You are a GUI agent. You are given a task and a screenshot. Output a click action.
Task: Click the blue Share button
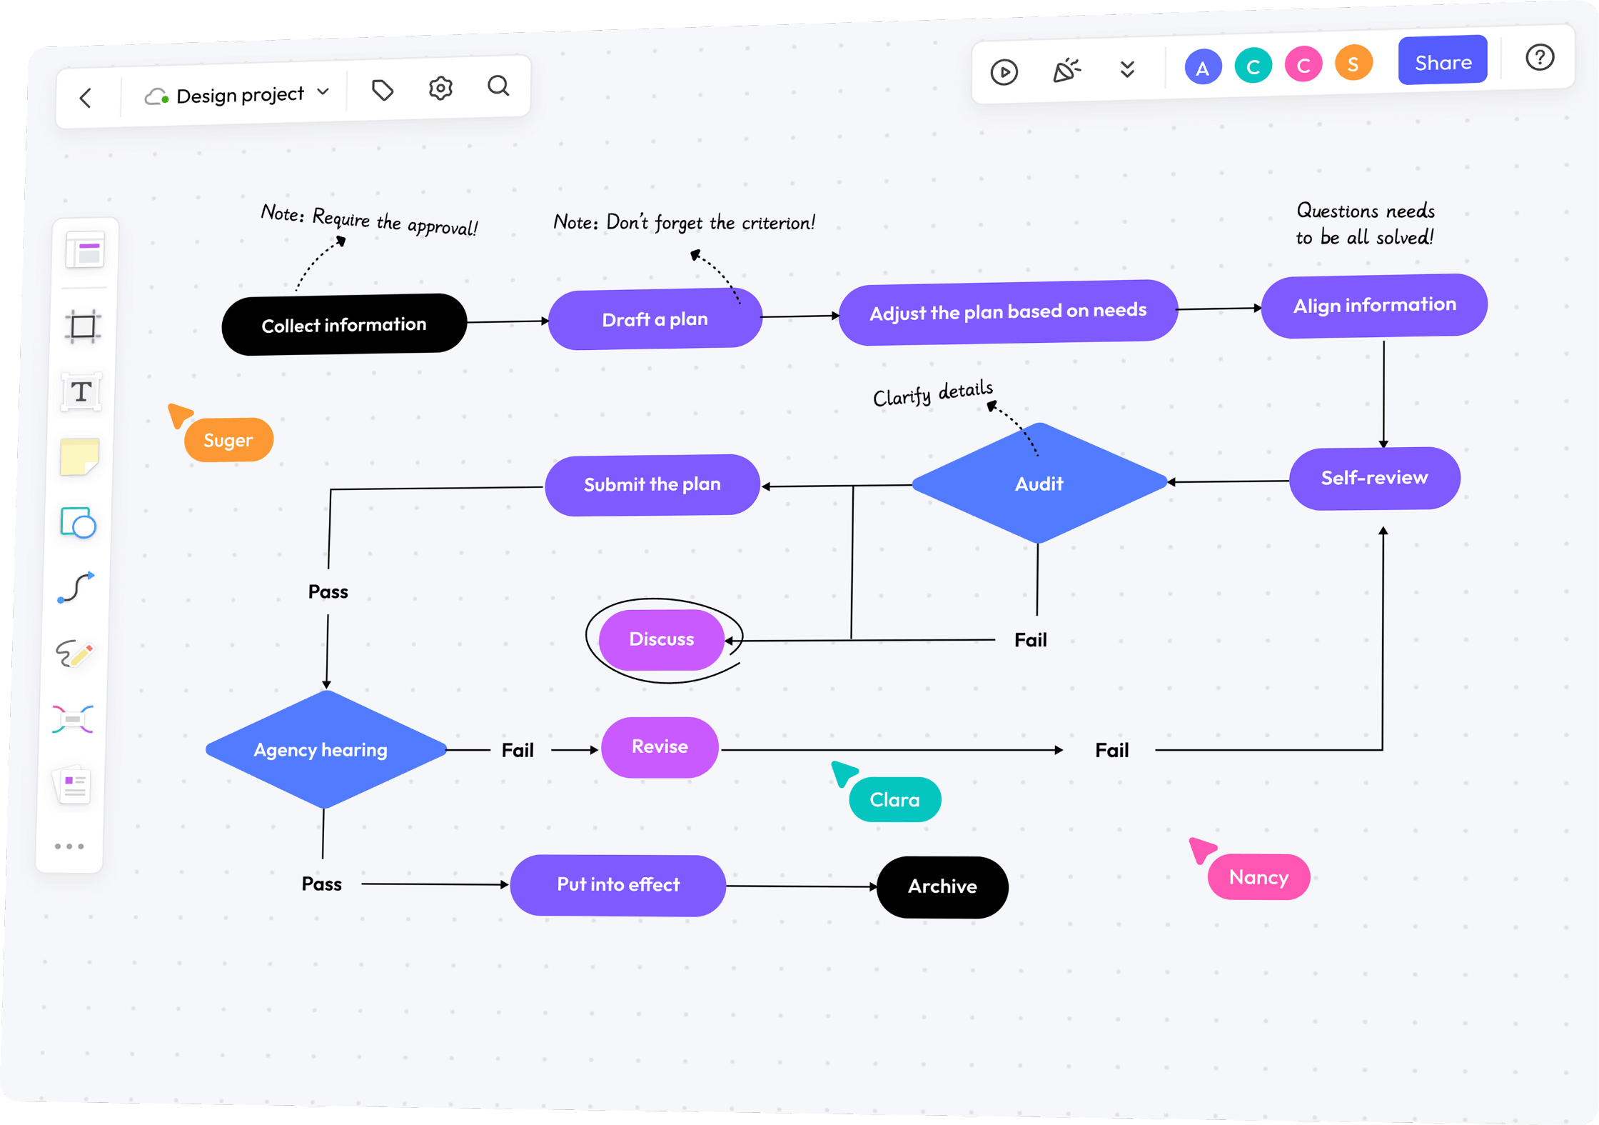click(x=1442, y=61)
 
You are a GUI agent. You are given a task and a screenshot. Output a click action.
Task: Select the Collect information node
click(x=344, y=324)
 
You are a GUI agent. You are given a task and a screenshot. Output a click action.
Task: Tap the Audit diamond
click(x=1039, y=484)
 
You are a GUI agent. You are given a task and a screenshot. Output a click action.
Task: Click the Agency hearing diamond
click(x=322, y=749)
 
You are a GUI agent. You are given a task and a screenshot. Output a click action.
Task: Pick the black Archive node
click(x=942, y=886)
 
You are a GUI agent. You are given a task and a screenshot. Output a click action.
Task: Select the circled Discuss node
click(x=661, y=639)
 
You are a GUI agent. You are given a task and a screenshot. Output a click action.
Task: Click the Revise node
click(x=660, y=746)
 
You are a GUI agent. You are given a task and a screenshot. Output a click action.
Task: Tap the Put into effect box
click(x=617, y=884)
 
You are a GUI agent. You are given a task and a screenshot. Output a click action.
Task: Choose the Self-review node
click(x=1374, y=477)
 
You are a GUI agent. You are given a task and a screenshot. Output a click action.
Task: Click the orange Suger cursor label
click(x=228, y=440)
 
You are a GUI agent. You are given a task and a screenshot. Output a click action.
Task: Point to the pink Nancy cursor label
click(x=1258, y=877)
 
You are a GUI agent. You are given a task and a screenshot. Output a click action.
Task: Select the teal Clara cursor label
click(x=894, y=799)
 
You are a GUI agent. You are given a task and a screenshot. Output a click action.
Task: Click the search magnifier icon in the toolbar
click(x=498, y=86)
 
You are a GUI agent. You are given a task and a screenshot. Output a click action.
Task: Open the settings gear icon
click(x=440, y=88)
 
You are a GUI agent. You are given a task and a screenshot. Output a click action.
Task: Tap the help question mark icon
click(x=1539, y=57)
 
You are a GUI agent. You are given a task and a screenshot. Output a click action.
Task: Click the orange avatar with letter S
click(x=1353, y=64)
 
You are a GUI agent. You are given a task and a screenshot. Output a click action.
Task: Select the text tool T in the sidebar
click(x=81, y=391)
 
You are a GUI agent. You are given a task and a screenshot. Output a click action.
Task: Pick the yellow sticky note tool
click(x=80, y=457)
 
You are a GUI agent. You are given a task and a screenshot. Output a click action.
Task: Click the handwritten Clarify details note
click(x=932, y=394)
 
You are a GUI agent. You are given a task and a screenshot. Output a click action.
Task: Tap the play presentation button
click(x=1004, y=71)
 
